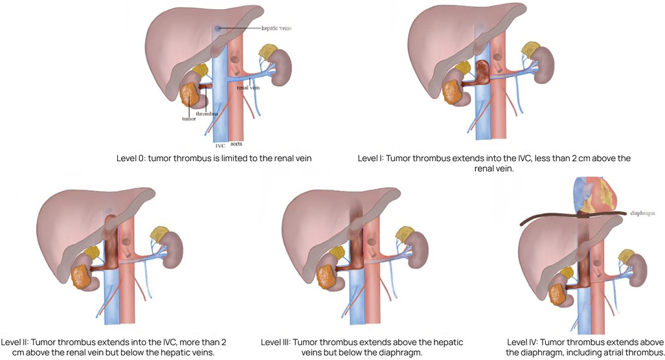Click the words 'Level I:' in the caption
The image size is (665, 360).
[x=374, y=157]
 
